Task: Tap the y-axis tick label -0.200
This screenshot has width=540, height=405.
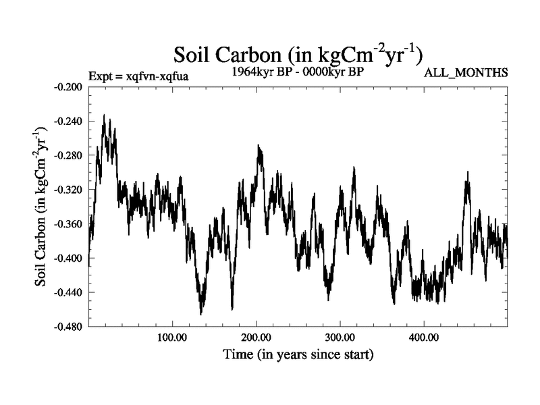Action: point(67,87)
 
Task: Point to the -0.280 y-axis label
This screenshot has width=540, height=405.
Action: point(67,156)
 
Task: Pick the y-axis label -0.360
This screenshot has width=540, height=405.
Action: point(67,224)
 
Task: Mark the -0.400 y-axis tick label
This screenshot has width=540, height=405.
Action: point(67,259)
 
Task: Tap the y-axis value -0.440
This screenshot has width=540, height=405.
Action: point(67,292)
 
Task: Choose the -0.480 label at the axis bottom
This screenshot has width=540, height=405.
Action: point(67,327)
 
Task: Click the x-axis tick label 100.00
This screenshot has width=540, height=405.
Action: point(172,337)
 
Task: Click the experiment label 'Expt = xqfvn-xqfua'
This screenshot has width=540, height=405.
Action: point(138,76)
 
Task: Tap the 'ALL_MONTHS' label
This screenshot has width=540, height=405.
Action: point(466,72)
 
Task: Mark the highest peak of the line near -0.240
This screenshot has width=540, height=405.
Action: point(104,115)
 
